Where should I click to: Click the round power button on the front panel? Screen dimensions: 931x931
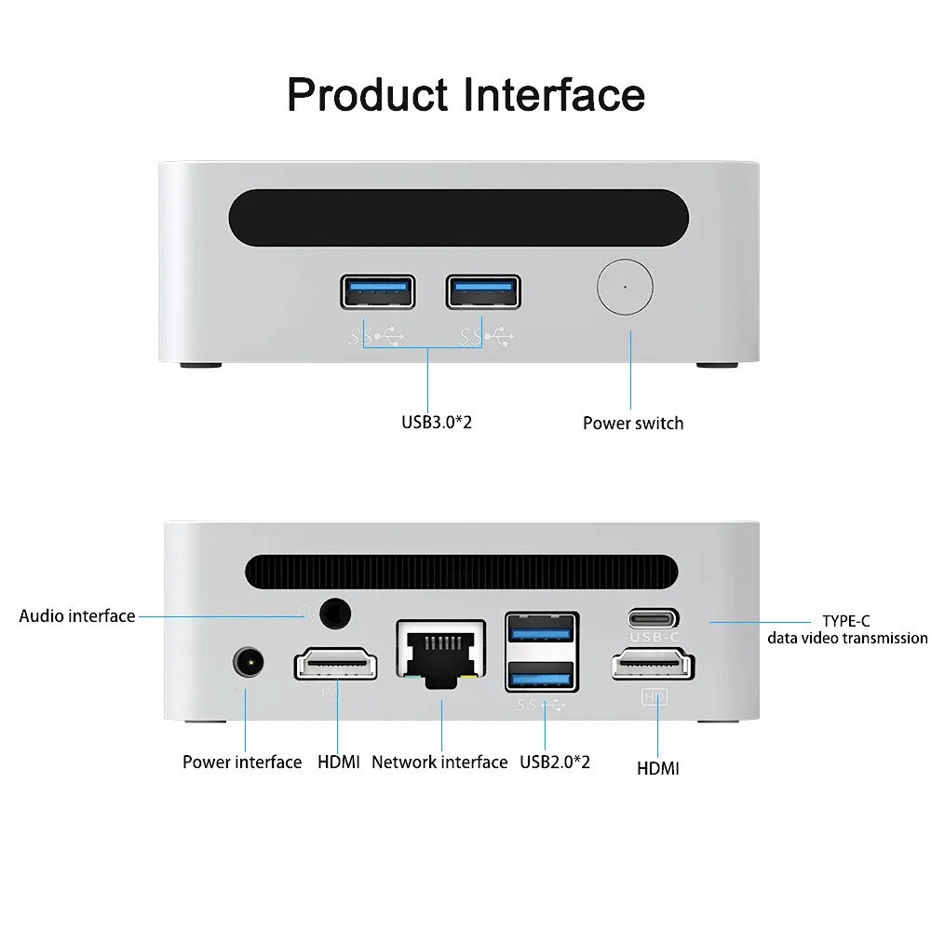pyautogui.click(x=625, y=288)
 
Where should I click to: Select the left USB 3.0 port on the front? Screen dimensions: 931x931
pyautogui.click(x=377, y=291)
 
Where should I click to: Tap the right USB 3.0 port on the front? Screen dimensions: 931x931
pyautogui.click(x=483, y=291)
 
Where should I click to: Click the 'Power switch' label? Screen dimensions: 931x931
pyautogui.click(x=633, y=424)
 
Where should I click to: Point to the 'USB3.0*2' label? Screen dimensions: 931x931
pyautogui.click(x=437, y=423)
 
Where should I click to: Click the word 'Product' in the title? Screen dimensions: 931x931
pyautogui.click(x=368, y=95)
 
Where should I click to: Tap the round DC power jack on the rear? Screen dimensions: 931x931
pyautogui.click(x=248, y=664)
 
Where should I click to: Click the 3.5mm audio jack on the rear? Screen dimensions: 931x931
pyautogui.click(x=335, y=614)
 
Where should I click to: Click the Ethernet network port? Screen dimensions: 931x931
pyautogui.click(x=441, y=653)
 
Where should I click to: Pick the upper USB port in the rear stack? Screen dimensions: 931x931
pyautogui.click(x=542, y=629)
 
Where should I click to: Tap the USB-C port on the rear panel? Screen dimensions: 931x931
pyautogui.click(x=653, y=617)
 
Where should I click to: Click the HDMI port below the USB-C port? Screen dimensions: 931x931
pyautogui.click(x=653, y=668)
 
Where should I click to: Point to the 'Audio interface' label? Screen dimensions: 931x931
pyautogui.click(x=77, y=616)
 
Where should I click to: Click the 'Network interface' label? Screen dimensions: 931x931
pyautogui.click(x=439, y=762)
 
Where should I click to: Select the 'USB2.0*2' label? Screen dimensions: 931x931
pyautogui.click(x=555, y=762)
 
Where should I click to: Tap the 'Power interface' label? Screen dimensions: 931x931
pyautogui.click(x=242, y=762)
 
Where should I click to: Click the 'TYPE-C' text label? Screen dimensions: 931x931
pyautogui.click(x=845, y=621)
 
